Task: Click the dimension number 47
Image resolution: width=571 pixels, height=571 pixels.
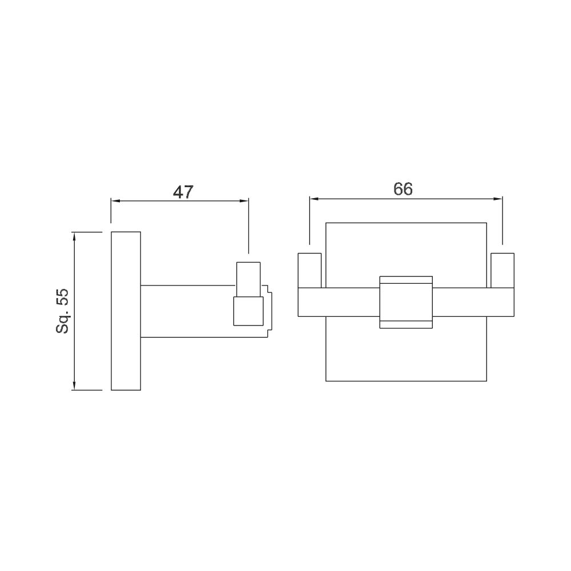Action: tap(183, 192)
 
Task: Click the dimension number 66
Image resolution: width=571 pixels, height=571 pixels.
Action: tap(403, 189)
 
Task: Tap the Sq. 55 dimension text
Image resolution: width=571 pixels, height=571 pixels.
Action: tap(62, 311)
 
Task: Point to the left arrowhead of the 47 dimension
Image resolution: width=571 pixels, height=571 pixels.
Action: tap(115, 200)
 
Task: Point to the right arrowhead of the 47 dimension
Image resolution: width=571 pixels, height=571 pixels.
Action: tap(244, 200)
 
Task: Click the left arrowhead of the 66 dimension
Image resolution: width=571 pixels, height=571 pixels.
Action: tap(314, 199)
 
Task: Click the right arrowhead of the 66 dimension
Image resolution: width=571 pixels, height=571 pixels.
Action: tap(498, 199)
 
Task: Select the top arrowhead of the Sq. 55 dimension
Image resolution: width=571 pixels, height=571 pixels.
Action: tap(74, 237)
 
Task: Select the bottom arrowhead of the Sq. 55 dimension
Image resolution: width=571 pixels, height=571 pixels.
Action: tap(74, 385)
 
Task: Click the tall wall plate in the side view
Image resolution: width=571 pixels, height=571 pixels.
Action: tap(126, 311)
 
